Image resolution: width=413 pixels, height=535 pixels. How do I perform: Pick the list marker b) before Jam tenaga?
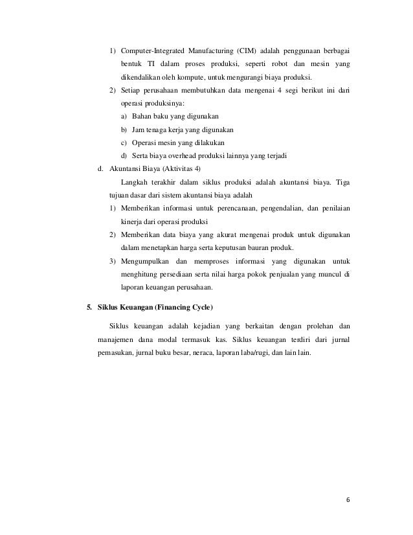point(124,129)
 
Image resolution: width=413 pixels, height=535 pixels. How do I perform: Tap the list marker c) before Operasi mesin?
point(124,142)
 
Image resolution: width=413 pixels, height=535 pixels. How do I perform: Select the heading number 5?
point(90,304)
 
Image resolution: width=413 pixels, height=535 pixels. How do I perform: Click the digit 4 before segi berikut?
point(272,91)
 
